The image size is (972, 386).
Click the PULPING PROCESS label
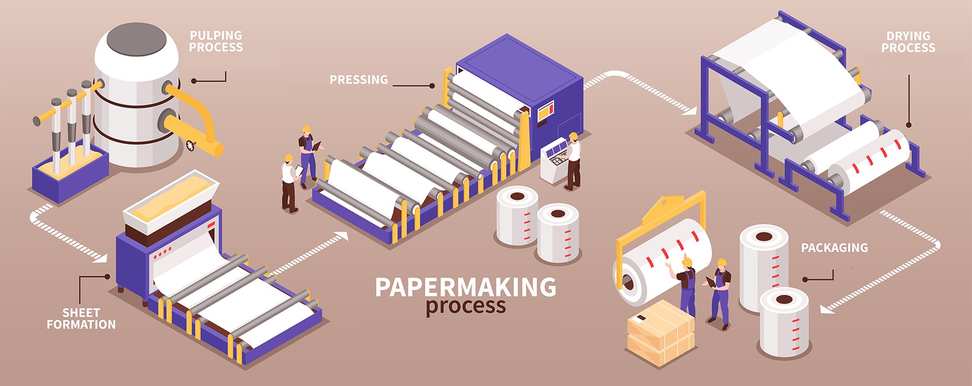tap(215, 41)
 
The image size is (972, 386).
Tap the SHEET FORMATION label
tap(81, 318)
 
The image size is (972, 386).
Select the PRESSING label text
tap(359, 80)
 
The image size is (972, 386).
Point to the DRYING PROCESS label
tap(908, 42)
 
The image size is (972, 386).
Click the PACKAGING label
tap(834, 247)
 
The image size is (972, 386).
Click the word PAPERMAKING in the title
tap(465, 287)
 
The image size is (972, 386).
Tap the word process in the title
tap(465, 306)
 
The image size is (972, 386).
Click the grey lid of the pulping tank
tap(136, 40)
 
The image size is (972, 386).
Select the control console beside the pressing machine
tap(555, 160)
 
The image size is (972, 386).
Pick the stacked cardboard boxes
tap(660, 332)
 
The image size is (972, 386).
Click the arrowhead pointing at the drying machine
tap(689, 111)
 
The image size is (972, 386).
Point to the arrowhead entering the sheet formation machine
tap(100, 258)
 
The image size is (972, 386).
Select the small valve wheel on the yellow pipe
tap(190, 145)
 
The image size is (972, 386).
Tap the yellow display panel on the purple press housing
tap(546, 112)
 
